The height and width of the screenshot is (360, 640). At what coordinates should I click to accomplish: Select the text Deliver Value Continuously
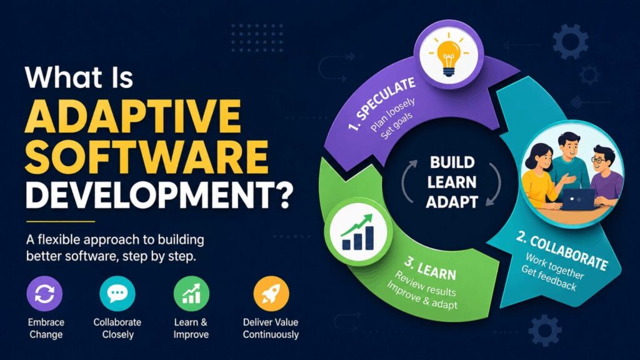(x=271, y=328)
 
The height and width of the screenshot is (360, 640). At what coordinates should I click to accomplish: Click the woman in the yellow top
(x=539, y=178)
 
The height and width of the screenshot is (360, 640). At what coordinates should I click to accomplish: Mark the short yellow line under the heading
(x=60, y=221)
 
